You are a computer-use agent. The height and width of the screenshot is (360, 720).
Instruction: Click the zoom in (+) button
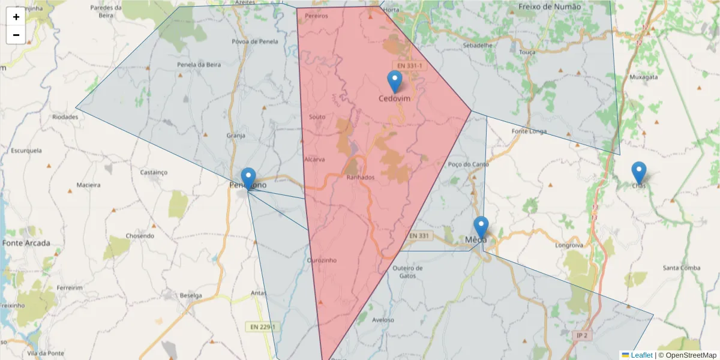coord(16,17)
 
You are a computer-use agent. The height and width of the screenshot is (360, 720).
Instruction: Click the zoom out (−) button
coord(16,35)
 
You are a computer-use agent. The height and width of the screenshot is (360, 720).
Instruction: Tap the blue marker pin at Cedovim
coord(394,82)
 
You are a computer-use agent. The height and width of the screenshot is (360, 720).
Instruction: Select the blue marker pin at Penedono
coord(248,179)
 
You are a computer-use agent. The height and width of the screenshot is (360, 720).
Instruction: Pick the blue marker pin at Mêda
coord(481,227)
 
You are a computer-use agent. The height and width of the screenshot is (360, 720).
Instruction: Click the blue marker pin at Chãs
coord(639,173)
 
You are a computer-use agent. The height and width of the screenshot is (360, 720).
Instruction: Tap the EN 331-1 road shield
coord(409,65)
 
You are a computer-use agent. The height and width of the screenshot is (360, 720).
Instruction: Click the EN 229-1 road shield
coord(262,326)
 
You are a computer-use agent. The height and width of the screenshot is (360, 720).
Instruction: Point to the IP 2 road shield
coord(581,335)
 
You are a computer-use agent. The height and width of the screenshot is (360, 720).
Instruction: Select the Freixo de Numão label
coord(549,7)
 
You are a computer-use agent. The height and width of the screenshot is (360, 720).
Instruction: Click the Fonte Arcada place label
coord(26,243)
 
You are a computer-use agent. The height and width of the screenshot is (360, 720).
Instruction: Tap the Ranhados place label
coord(361,178)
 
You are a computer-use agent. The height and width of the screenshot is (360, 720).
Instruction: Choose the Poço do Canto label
coord(469,164)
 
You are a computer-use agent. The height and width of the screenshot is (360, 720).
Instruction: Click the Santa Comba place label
coord(682,268)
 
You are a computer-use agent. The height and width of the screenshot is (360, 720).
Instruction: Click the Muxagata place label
coord(644,77)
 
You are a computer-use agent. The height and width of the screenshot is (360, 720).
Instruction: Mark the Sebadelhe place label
coord(478,45)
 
